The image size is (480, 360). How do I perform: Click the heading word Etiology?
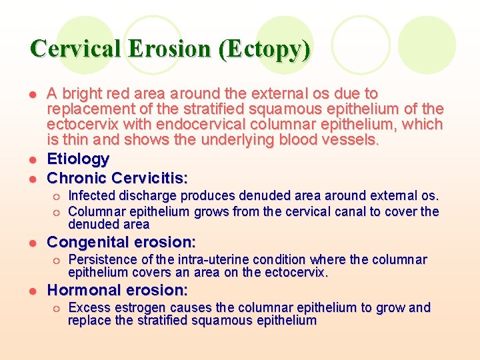[x=78, y=159]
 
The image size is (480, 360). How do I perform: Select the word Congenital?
[x=89, y=241]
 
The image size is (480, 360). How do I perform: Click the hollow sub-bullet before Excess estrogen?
[x=58, y=308]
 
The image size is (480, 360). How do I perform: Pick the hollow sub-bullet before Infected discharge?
[x=58, y=196]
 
